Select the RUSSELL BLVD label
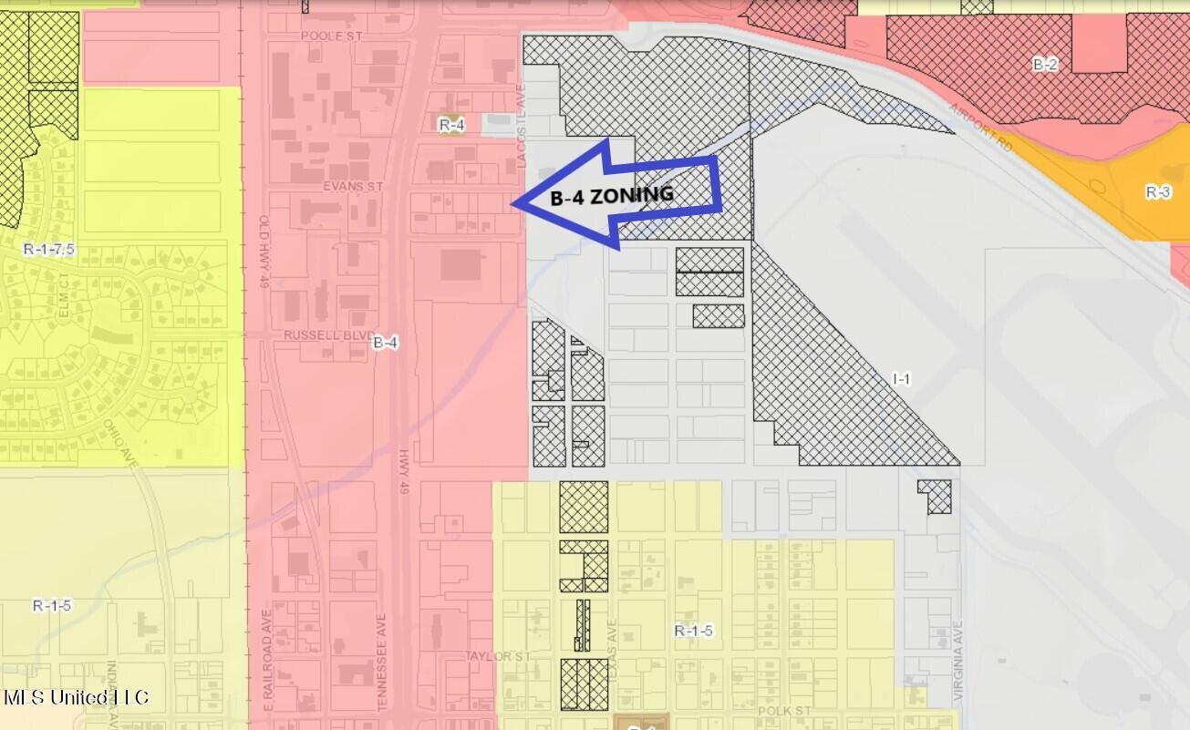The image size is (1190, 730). (x=316, y=334)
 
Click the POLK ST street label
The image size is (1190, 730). (x=783, y=710)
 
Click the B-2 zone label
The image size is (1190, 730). (x=1045, y=65)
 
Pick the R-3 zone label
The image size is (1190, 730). (x=1157, y=192)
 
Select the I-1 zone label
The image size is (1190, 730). (x=901, y=378)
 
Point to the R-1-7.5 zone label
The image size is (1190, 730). (x=47, y=249)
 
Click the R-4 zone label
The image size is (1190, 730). (x=451, y=125)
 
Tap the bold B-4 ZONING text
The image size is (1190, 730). (x=612, y=195)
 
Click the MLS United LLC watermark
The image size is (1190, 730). (x=76, y=698)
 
